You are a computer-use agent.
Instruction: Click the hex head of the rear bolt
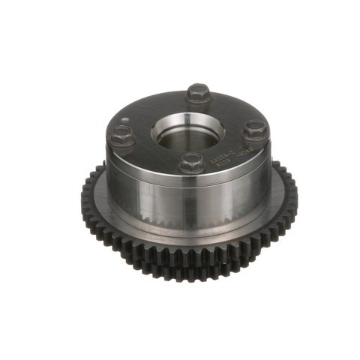coord(198,93)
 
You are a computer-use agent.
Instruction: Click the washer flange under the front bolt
coord(192,169)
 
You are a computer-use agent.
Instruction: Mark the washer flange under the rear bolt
coord(198,101)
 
